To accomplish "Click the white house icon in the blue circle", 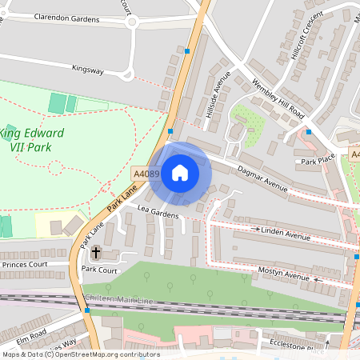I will pos(180,172).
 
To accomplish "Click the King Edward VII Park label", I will pos(36,139).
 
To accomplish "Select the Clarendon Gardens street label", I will pos(67,18).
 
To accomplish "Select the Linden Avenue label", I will pos(286,237).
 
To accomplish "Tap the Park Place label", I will pos(318,161).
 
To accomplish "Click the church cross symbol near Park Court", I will pos(96,254).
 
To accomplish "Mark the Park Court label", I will pos(99,270).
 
